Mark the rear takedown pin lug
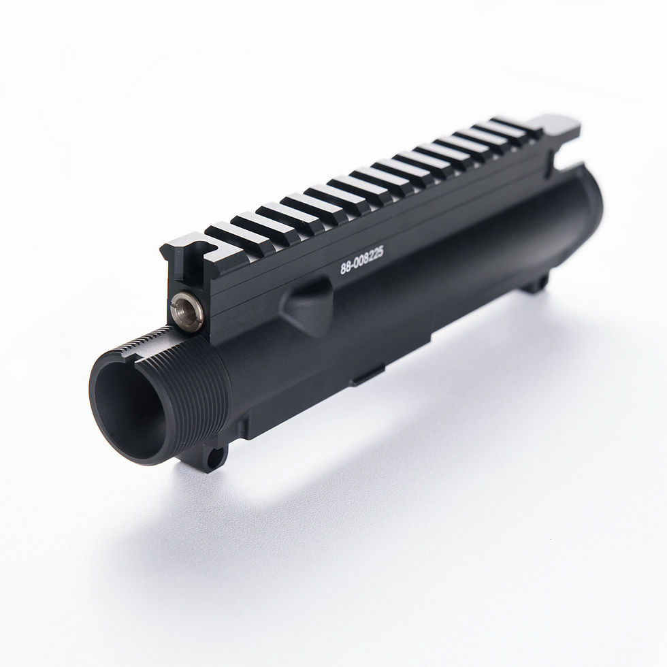pos(542,281)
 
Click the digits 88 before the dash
pos(346,268)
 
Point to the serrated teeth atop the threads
pos(146,337)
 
